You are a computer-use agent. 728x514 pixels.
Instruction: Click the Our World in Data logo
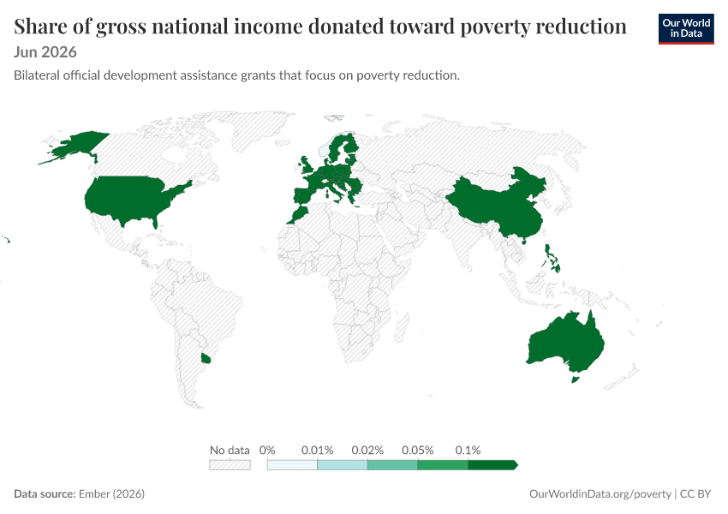coord(686,29)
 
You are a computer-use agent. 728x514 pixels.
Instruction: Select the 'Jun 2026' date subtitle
coord(45,52)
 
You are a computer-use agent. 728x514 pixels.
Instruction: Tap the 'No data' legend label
coord(230,450)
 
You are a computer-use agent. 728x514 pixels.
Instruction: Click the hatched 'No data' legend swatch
coord(230,465)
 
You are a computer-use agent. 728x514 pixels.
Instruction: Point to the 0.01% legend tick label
coord(317,450)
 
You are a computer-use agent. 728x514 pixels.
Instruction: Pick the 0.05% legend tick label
coord(417,450)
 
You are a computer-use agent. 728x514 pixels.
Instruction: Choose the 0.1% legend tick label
coord(468,450)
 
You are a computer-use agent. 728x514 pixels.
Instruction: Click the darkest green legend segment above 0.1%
coord(492,465)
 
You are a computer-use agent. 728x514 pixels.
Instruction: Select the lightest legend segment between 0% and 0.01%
coord(292,465)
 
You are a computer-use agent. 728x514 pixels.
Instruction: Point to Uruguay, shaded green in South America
coord(206,358)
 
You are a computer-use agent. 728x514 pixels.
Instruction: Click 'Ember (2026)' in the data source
coord(111,493)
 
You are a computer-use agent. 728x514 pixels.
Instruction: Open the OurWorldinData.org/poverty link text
coord(600,493)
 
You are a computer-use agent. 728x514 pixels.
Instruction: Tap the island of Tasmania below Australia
coord(575,380)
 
